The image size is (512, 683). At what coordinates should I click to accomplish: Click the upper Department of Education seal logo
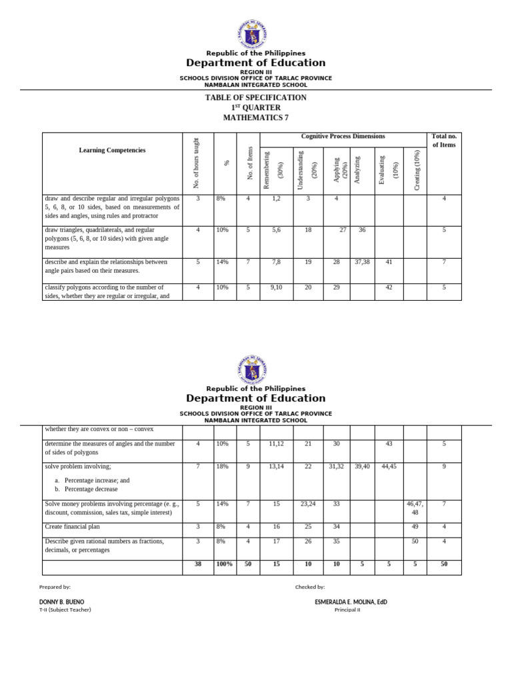[x=255, y=34]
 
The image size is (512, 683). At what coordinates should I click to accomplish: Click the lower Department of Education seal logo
[x=255, y=370]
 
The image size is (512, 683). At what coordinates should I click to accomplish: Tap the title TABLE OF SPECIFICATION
[x=256, y=97]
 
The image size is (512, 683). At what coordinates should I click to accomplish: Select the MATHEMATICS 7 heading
[x=256, y=118]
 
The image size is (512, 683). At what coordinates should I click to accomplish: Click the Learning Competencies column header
[x=112, y=150]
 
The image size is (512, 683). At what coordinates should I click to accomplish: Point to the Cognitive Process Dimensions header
[x=343, y=137]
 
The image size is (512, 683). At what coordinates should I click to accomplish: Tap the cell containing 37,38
[x=362, y=262]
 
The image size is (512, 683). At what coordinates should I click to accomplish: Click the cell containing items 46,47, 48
[x=415, y=508]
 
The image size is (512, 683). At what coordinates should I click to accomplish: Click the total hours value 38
[x=197, y=564]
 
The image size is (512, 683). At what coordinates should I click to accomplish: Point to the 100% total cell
[x=224, y=564]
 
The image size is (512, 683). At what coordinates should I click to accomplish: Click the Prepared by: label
[x=55, y=587]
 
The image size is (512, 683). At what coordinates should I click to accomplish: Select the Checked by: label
[x=309, y=587]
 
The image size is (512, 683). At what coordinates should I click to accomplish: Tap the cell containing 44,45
[x=389, y=466]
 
